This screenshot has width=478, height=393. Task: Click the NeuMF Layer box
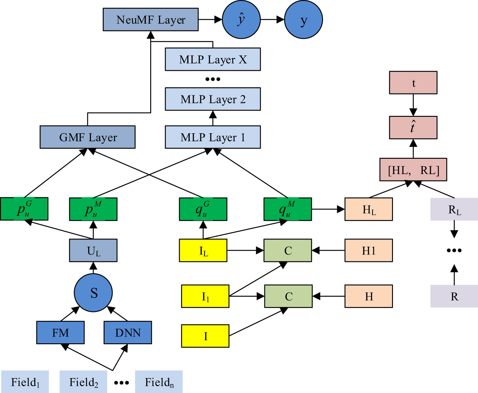[x=151, y=20]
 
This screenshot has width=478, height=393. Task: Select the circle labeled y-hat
[x=241, y=20]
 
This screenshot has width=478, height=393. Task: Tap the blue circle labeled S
[x=93, y=293]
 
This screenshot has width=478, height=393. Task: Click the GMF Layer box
[x=88, y=137]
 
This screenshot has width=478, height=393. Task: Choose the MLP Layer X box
[x=213, y=59]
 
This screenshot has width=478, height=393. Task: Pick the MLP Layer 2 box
[x=213, y=99]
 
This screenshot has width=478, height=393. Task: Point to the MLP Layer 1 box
[x=213, y=137]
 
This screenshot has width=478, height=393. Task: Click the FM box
[x=60, y=332]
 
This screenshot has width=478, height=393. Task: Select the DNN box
[x=128, y=332]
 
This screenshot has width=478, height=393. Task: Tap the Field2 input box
[x=83, y=382]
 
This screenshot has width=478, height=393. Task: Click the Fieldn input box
[x=159, y=382]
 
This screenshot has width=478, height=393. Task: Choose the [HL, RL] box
[x=413, y=170]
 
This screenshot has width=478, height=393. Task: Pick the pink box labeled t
[x=413, y=83]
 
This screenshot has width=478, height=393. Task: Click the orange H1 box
[x=368, y=250]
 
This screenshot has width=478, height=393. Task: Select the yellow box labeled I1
[x=205, y=296]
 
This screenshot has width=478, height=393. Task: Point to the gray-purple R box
[x=454, y=296]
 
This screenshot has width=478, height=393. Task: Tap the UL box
[x=93, y=250]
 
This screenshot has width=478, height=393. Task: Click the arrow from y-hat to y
[x=272, y=20]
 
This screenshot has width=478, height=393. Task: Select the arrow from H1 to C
[x=328, y=250]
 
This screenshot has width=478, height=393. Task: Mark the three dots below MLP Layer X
[x=213, y=79]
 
